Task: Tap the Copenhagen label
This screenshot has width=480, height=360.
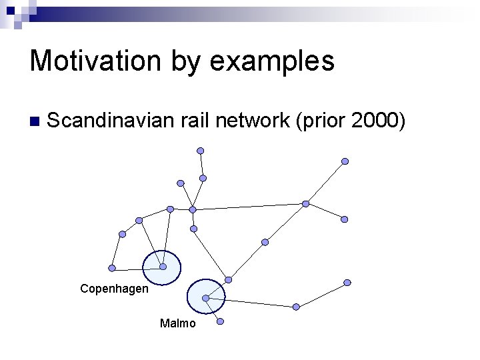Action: click(x=114, y=289)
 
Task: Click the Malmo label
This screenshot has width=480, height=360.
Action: click(x=178, y=324)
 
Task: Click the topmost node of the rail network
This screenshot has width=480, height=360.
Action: click(x=200, y=151)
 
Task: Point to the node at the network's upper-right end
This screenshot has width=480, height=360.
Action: click(x=345, y=161)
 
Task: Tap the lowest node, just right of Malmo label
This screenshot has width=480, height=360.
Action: click(x=220, y=321)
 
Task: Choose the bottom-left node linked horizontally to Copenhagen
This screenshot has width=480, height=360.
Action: click(x=112, y=268)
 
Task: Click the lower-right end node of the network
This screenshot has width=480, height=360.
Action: click(x=347, y=283)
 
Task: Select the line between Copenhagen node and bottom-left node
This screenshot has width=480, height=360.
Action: click(x=136, y=268)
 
